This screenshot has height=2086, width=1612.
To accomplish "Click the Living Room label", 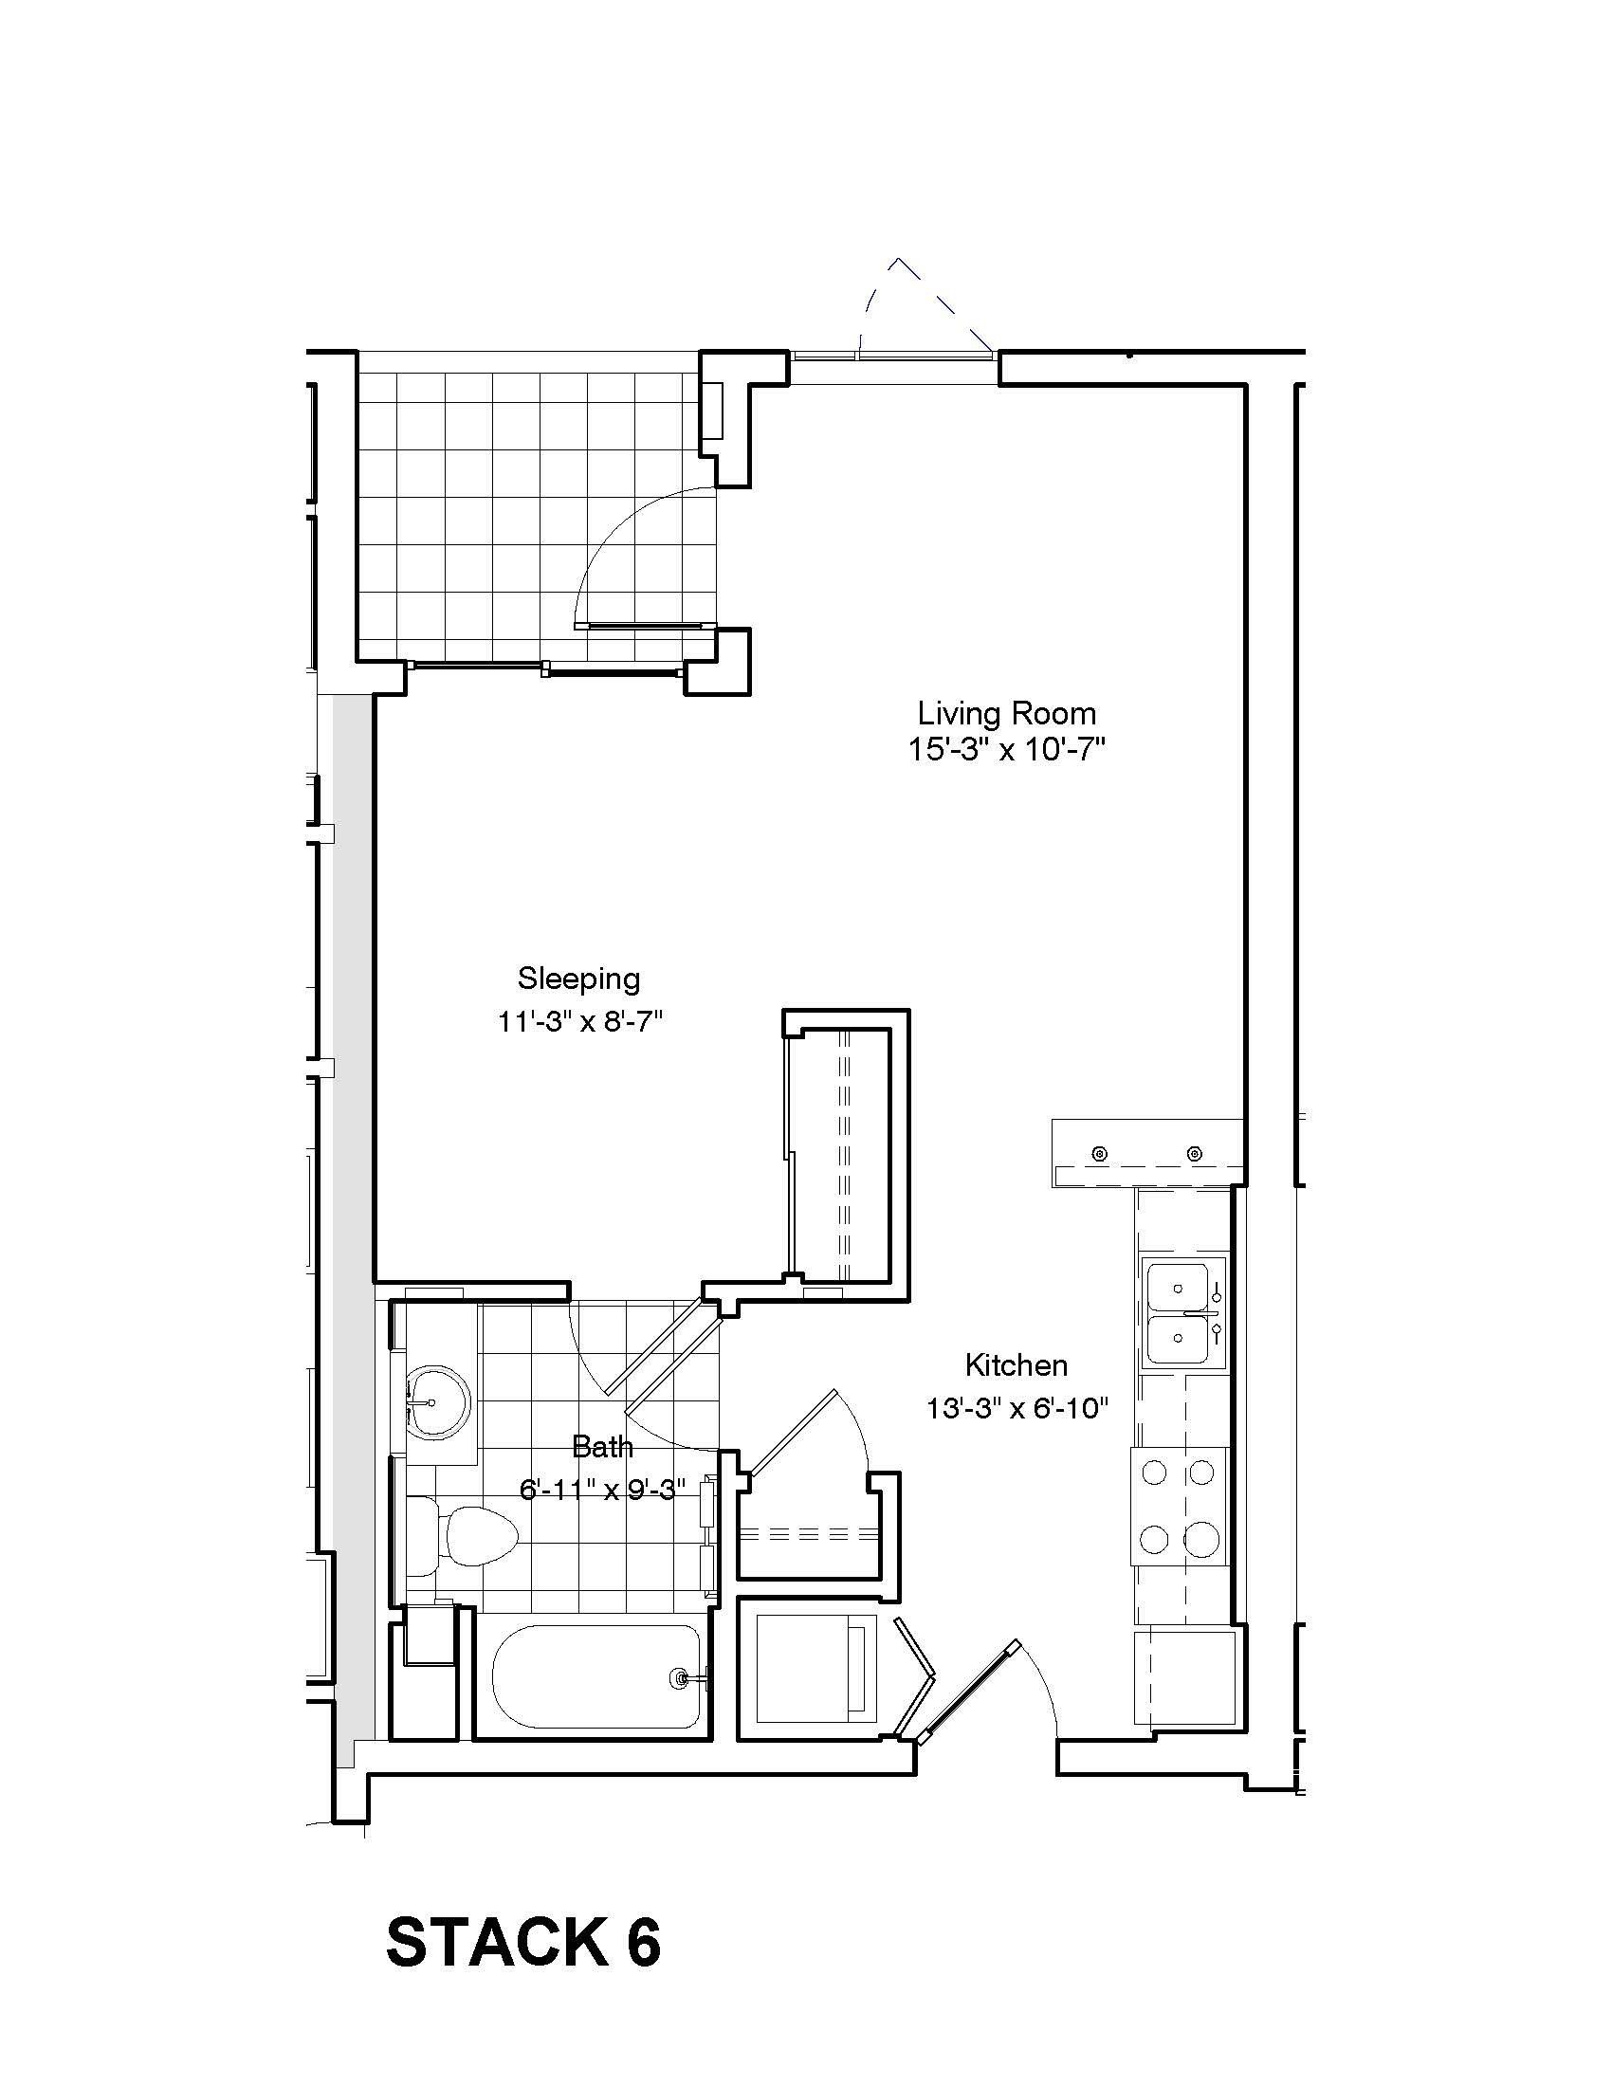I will click(x=1006, y=713).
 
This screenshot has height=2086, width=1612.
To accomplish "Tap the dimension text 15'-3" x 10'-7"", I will click(x=1006, y=750).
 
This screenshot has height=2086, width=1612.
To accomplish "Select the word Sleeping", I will click(x=578, y=979).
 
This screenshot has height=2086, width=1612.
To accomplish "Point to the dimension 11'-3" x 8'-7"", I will click(x=578, y=1021).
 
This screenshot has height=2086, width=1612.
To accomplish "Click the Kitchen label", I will click(x=1017, y=1364).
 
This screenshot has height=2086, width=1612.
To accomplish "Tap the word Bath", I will click(x=601, y=1447).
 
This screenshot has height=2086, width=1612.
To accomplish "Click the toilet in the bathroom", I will click(x=475, y=1536).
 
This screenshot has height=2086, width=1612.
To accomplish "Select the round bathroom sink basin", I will click(x=438, y=1402).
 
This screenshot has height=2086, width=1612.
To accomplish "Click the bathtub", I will click(x=597, y=1677).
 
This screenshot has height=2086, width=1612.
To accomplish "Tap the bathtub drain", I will click(x=681, y=1676).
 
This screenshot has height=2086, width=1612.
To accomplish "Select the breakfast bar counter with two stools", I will click(x=1148, y=1153).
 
